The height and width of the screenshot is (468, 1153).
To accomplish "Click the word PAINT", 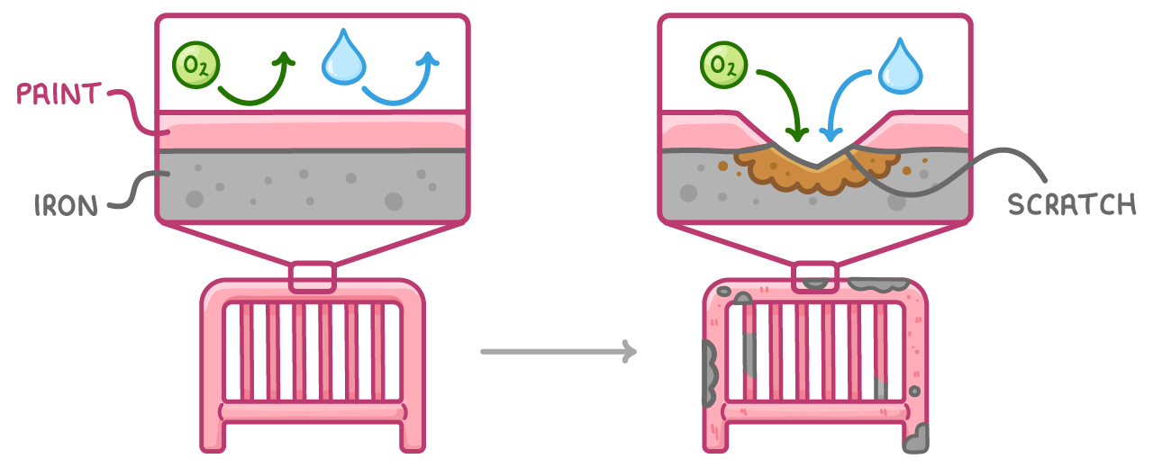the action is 59,94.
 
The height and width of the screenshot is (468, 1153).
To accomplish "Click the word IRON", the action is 66,206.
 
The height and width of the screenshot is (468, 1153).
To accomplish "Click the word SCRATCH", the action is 1072,204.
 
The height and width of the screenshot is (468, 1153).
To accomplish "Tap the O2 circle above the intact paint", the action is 196,65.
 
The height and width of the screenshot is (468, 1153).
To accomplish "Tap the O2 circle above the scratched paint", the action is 723,65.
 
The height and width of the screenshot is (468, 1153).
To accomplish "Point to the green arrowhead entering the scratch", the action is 798,134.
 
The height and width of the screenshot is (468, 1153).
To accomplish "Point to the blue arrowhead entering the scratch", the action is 831,135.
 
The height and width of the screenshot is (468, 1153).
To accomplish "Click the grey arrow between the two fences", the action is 558,352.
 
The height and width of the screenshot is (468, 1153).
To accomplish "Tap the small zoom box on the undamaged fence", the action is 313,277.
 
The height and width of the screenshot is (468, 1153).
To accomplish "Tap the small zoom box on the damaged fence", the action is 815,277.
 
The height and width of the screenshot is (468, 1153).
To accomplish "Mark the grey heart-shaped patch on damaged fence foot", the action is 916,438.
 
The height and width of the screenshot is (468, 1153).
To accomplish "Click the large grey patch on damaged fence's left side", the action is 710,373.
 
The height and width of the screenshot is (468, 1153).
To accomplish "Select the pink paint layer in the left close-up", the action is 313,131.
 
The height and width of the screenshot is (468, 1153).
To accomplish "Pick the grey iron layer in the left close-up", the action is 313,186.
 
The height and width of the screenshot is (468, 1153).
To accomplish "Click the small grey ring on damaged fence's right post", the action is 914,391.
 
